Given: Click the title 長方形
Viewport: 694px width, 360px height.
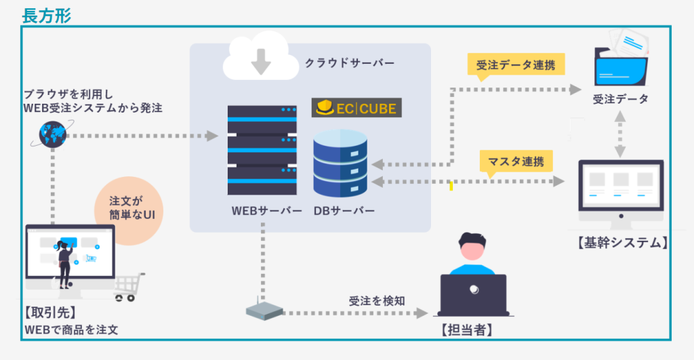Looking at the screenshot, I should click(46, 16).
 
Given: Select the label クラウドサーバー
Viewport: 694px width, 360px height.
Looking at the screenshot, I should click(349, 62).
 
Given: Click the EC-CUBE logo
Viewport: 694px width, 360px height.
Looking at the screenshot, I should click(357, 108).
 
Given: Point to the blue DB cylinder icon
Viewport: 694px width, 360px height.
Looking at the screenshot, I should click(340, 163).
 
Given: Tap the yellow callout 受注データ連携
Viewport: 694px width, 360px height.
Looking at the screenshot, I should click(516, 65).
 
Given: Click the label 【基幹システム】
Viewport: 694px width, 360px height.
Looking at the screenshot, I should click(621, 242).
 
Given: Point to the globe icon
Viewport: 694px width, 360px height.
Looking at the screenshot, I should click(51, 134).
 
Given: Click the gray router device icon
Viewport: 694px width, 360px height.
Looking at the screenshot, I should click(264, 311).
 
